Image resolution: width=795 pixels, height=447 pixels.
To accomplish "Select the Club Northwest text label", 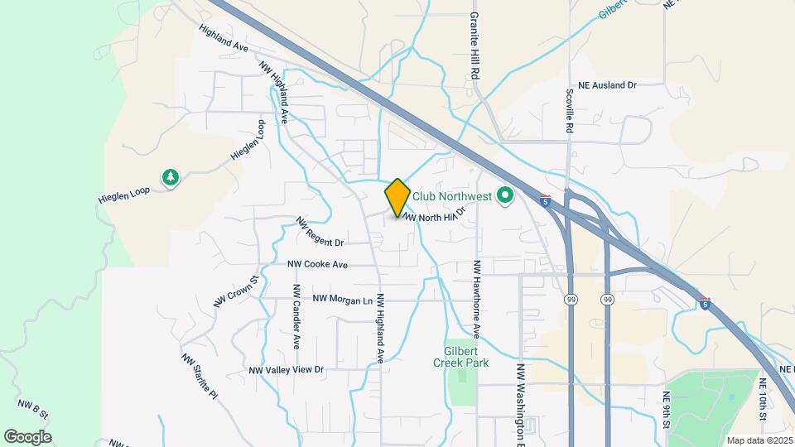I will [x=452, y=197].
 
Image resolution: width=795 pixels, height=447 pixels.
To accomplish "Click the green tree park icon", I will [x=171, y=177].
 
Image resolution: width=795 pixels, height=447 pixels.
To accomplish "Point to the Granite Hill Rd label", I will [x=475, y=46].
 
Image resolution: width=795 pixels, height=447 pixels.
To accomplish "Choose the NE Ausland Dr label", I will [x=607, y=85].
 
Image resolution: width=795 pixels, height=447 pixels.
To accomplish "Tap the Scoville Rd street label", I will [x=570, y=112].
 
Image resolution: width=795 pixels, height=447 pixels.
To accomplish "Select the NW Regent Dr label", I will [x=320, y=233].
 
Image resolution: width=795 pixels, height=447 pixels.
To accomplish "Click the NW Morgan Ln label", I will [x=342, y=299].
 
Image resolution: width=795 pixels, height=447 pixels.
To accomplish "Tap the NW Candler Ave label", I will [x=295, y=316].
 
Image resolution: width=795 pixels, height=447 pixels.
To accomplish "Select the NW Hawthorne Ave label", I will [x=477, y=300].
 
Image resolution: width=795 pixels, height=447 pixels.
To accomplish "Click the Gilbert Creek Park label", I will [x=460, y=357].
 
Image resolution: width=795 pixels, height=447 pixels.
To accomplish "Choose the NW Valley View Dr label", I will [x=286, y=370].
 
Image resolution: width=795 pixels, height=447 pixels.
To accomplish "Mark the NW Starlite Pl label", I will [x=199, y=374].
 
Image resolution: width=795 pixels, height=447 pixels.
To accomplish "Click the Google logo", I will [x=27, y=437].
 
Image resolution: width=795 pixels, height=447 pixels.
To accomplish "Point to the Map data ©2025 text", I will [x=759, y=440].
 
